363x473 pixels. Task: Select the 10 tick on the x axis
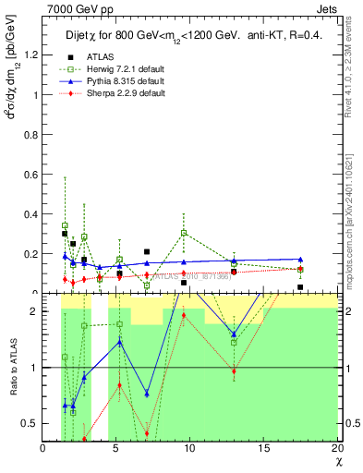190,448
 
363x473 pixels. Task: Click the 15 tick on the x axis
264,448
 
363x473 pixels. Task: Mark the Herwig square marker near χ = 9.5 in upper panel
185,233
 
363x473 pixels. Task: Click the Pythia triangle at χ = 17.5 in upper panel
300,260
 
